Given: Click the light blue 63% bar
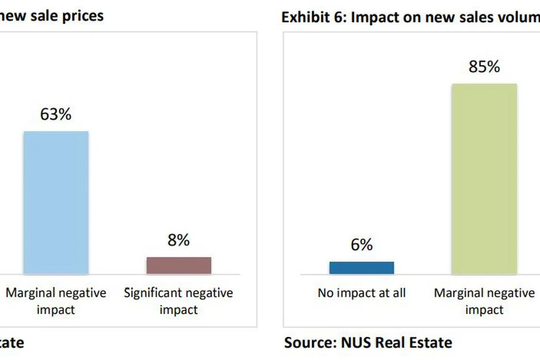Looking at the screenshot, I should (56, 202).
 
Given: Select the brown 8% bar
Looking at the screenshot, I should (179, 265).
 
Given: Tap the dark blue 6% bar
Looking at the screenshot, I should (361, 268).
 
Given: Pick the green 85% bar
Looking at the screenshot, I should (484, 179).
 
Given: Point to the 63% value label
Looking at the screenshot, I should (55, 114).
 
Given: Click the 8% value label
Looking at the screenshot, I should (178, 240).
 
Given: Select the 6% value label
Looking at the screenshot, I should (361, 244).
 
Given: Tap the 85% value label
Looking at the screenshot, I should (484, 67).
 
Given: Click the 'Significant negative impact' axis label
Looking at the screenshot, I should (179, 301).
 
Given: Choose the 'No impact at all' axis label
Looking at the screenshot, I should (361, 293).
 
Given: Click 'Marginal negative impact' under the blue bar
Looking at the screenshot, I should (56, 301).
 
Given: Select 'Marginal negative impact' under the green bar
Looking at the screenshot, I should (484, 301).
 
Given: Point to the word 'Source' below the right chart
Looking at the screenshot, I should (308, 342).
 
